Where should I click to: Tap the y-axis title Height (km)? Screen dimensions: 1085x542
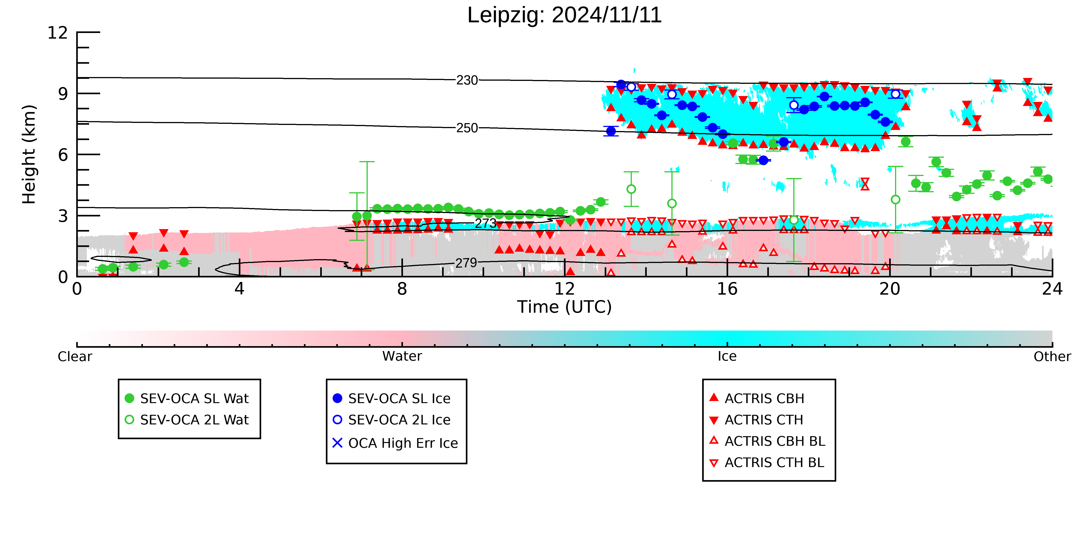click(x=29, y=155)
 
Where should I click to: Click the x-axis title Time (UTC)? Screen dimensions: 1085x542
click(x=564, y=307)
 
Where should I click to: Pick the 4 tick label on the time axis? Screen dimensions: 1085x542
click(x=239, y=289)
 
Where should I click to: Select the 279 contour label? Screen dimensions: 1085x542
click(x=466, y=263)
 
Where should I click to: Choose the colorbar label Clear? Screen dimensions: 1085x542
click(x=75, y=357)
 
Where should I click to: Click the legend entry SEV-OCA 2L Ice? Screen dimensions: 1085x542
click(x=392, y=420)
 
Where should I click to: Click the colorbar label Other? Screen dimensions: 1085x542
click(x=1052, y=357)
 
